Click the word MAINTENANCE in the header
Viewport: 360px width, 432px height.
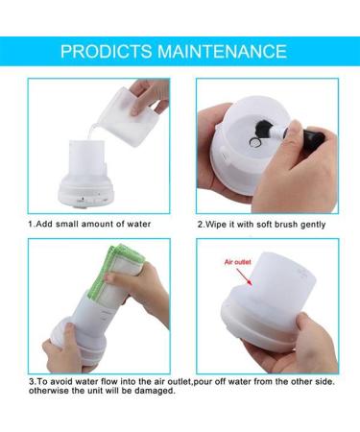click(224, 51)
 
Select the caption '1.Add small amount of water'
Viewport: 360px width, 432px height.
click(90, 224)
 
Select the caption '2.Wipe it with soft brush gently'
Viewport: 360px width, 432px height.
click(261, 224)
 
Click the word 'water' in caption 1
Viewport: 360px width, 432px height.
click(140, 224)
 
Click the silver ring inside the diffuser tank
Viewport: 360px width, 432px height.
click(252, 145)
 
